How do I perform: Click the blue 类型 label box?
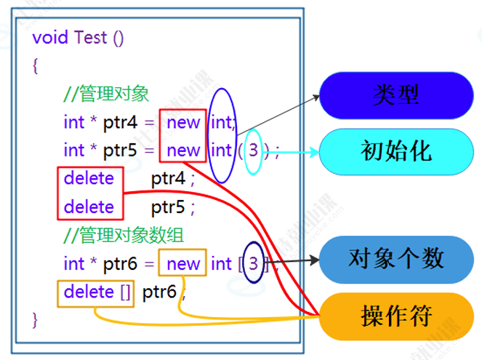[396, 95]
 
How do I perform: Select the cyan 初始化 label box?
[396, 151]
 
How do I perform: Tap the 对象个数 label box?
[396, 260]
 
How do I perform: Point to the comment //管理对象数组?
[124, 235]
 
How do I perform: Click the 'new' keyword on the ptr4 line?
[183, 122]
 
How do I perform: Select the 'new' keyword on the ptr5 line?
[183, 151]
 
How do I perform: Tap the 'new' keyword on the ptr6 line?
[183, 263]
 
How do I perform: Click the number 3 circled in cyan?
[253, 151]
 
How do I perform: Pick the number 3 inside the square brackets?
[253, 263]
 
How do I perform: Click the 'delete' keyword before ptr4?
[89, 179]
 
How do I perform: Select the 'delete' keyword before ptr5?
[89, 207]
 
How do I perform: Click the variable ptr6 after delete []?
[160, 292]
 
